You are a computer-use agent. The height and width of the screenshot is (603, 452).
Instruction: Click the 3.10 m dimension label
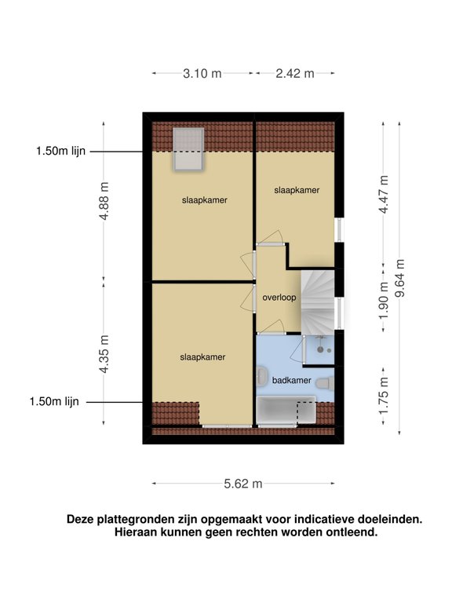click(x=202, y=73)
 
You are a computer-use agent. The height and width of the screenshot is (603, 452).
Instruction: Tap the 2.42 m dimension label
click(x=294, y=73)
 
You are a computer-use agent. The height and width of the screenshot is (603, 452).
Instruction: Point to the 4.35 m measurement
click(x=104, y=353)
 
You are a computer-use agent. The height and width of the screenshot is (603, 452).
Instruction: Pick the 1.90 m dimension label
click(x=384, y=299)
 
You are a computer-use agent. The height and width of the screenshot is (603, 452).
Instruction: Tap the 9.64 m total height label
click(x=399, y=277)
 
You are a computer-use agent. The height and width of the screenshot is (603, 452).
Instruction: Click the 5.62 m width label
click(x=242, y=484)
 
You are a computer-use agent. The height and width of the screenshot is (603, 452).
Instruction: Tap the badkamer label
click(x=291, y=380)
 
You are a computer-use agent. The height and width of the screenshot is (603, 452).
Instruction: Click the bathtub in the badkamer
click(x=286, y=411)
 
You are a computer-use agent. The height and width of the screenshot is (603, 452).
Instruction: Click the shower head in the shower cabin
click(x=320, y=341)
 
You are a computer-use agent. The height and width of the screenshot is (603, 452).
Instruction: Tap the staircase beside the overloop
click(x=319, y=298)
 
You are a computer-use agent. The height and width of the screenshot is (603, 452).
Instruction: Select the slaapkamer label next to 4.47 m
click(x=297, y=190)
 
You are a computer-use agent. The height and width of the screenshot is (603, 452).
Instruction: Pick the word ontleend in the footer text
click(x=352, y=532)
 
